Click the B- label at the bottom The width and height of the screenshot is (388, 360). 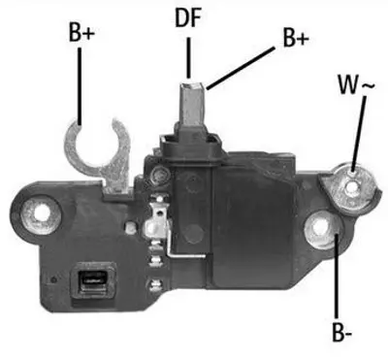[340, 335]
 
